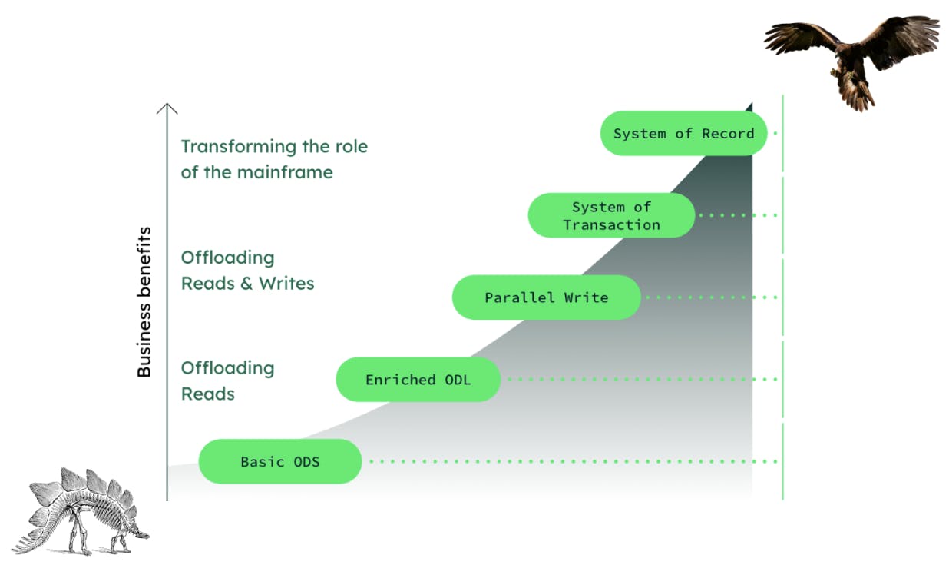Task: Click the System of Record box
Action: tap(683, 134)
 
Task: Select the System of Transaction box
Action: tap(611, 216)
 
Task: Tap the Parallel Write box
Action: tap(546, 297)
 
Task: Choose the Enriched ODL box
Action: tap(418, 380)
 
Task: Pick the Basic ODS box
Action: tap(279, 462)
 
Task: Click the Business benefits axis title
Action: tap(144, 302)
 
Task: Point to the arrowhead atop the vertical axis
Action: tap(167, 108)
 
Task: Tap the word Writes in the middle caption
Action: tap(286, 283)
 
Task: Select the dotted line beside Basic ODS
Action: tap(572, 462)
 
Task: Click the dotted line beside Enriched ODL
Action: tap(641, 380)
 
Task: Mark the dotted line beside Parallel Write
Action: tap(710, 297)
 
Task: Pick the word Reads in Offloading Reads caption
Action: tap(208, 394)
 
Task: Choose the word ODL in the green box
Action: tap(458, 380)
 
